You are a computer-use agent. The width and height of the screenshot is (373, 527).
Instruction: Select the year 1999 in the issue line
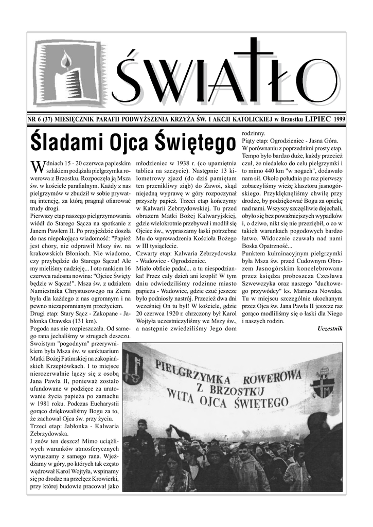click(339, 119)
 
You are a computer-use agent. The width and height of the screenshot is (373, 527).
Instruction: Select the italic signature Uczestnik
click(330, 328)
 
